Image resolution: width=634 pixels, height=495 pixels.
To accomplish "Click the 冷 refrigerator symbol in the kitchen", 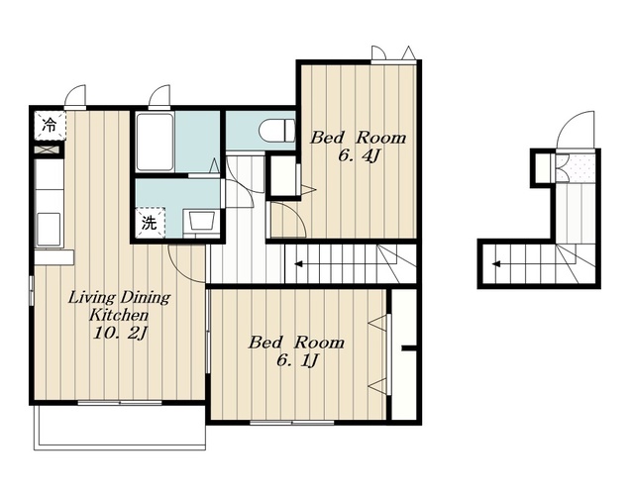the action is pyautogui.click(x=49, y=126).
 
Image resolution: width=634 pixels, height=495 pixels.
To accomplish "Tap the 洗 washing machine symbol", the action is pyautogui.click(x=150, y=223).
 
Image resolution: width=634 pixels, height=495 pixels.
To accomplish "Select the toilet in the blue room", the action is pyautogui.click(x=277, y=131).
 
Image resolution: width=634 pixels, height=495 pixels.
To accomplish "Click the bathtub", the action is pyautogui.click(x=155, y=143).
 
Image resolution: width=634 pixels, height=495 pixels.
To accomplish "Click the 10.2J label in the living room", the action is pyautogui.click(x=119, y=334).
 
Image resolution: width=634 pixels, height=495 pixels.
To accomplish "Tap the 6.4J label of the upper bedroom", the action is pyautogui.click(x=359, y=155).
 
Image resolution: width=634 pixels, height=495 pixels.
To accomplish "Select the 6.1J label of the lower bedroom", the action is pyautogui.click(x=297, y=360).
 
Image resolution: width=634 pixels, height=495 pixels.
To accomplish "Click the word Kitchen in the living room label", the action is pyautogui.click(x=119, y=315).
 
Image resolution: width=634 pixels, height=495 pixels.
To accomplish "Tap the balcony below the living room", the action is pyautogui.click(x=120, y=427).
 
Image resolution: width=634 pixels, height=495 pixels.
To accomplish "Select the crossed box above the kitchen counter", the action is pyautogui.click(x=49, y=149).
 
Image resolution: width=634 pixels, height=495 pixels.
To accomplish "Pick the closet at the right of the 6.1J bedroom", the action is pyautogui.click(x=404, y=354).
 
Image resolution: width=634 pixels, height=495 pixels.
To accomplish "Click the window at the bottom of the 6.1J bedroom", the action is pyautogui.click(x=292, y=423).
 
